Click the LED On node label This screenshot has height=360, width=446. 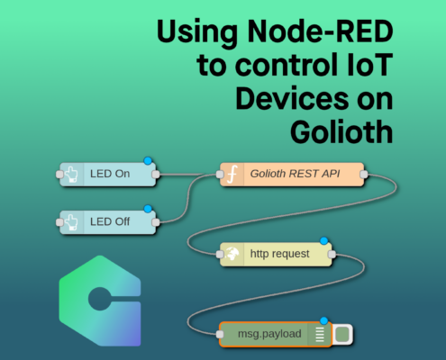point(110,174)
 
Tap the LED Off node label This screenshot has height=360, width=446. point(110,221)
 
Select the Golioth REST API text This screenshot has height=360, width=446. point(295,174)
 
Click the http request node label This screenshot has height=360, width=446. point(279,254)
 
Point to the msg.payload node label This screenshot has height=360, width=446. point(269,334)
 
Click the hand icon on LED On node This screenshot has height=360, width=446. point(71,175)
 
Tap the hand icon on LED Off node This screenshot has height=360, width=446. point(71,222)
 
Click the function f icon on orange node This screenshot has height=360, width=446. point(232,174)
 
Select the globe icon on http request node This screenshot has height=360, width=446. point(232,254)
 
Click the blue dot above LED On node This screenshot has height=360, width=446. point(148,161)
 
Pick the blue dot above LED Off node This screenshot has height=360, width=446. point(148,209)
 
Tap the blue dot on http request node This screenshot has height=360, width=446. point(323,240)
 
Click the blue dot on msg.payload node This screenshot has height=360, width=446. point(323,320)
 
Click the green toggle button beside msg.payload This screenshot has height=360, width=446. point(342,334)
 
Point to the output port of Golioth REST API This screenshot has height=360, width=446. point(364,175)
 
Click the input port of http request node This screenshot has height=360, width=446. point(220,255)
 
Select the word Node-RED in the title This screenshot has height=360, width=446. point(320,31)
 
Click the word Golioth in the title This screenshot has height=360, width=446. point(341,131)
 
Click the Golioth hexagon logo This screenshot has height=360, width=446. point(100,301)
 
